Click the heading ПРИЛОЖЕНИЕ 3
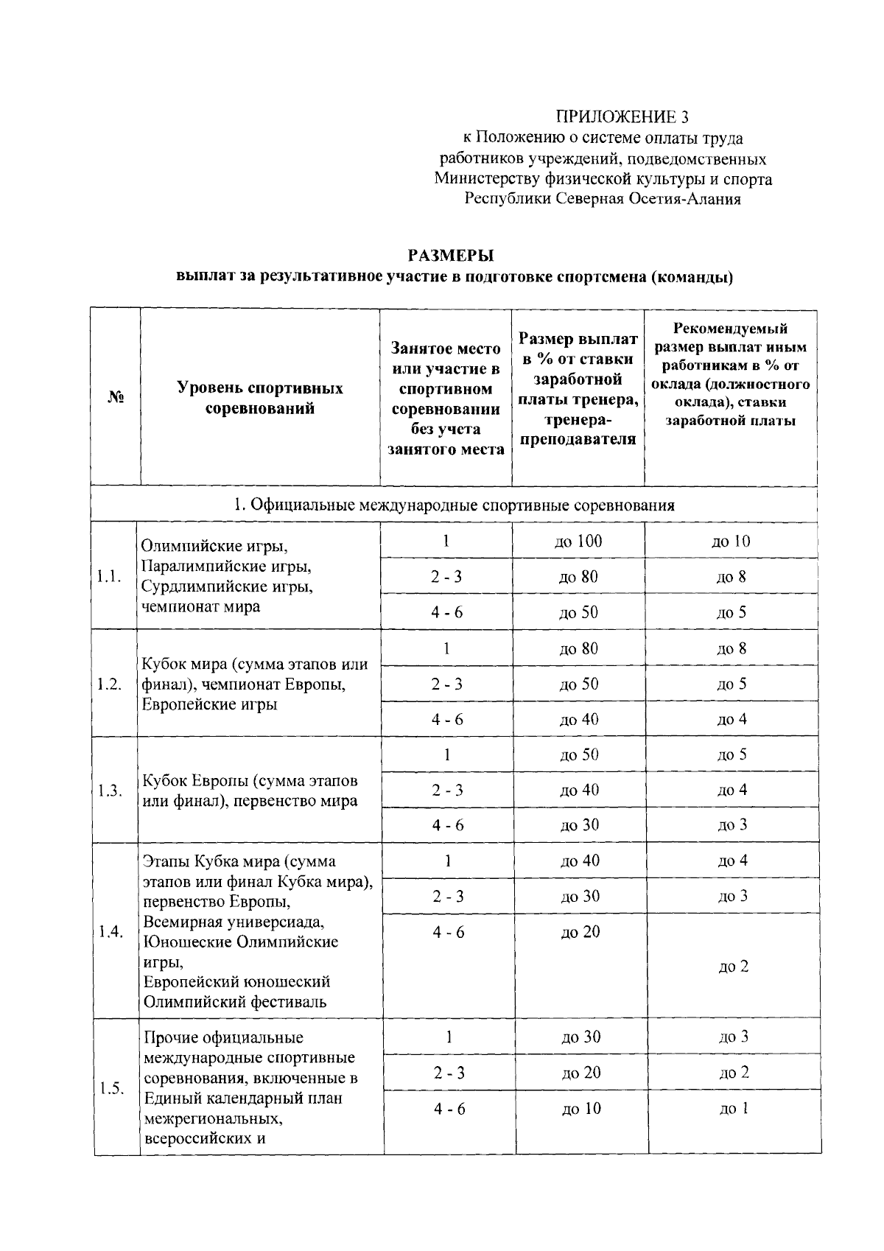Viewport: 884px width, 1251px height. [622, 116]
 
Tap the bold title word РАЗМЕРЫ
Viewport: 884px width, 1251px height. [450, 255]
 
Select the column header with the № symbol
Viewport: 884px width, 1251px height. [115, 397]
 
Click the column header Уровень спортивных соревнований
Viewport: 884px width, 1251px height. [259, 398]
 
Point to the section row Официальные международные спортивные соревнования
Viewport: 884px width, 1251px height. [454, 505]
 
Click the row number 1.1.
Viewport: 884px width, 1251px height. [109, 577]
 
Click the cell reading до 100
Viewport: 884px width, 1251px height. [578, 542]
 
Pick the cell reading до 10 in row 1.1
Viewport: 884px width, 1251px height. [731, 542]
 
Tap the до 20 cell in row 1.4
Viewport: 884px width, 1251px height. [580, 932]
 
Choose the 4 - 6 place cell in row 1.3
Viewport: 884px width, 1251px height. [448, 825]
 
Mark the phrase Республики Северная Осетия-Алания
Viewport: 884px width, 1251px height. [603, 199]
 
